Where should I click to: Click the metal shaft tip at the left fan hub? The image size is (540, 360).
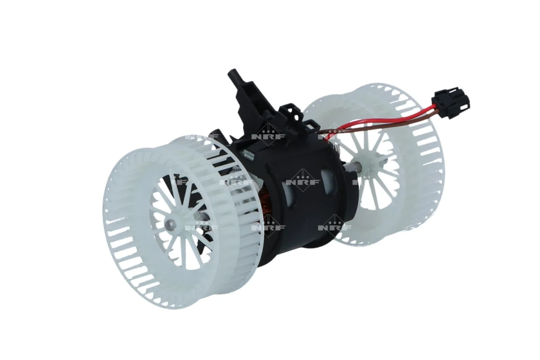click(x=169, y=225)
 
